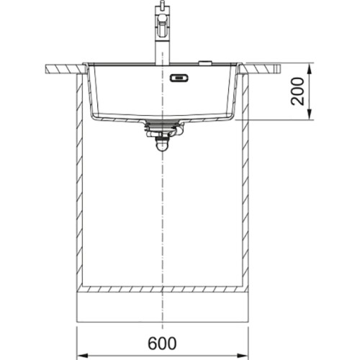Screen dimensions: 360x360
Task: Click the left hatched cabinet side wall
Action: click(x=76, y=180)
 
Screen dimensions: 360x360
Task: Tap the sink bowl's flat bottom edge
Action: click(x=164, y=117)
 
